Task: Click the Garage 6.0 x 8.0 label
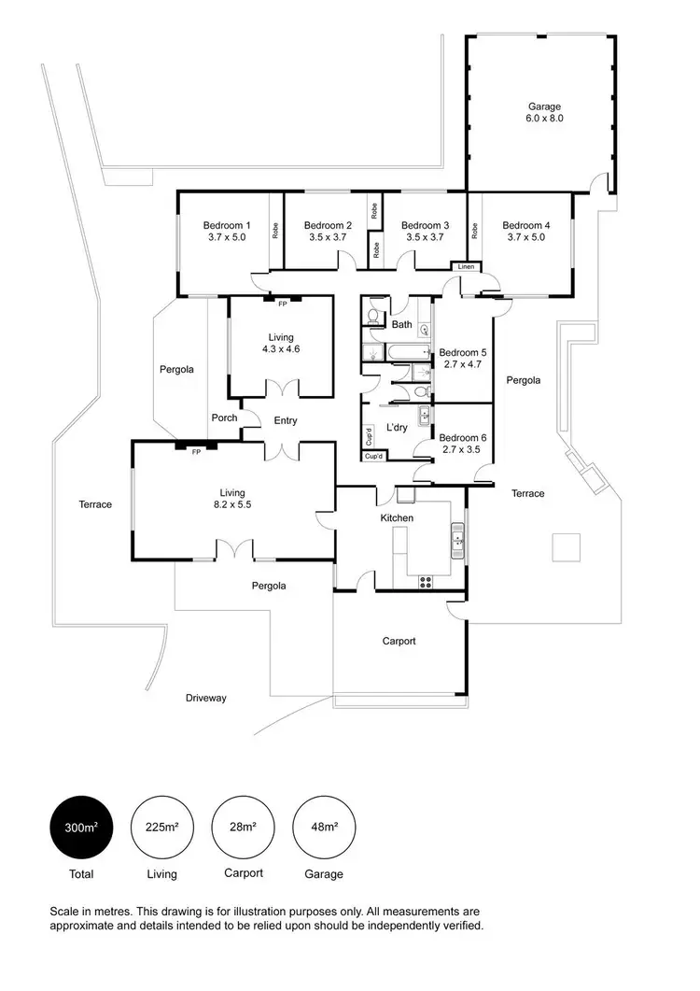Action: (544, 113)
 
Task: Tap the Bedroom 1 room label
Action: (227, 231)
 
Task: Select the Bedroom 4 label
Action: (525, 231)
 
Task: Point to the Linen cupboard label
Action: (467, 268)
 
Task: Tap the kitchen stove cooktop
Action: (427, 581)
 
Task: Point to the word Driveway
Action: (205, 698)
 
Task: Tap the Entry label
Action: (286, 421)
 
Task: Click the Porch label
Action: (225, 418)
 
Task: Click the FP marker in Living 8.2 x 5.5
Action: (196, 451)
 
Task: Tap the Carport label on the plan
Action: (399, 642)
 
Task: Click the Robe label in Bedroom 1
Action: (275, 230)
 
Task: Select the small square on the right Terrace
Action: (567, 546)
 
